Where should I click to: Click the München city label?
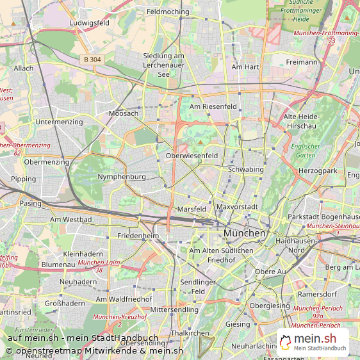pyautogui.click(x=245, y=234)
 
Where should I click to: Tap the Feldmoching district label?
pyautogui.click(x=168, y=12)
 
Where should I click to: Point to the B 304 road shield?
pyautogui.click(x=91, y=59)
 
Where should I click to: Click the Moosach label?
pyautogui.click(x=123, y=113)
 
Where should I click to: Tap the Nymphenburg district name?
pyautogui.click(x=122, y=176)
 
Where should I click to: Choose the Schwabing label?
pyautogui.click(x=245, y=169)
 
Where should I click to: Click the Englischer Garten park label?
pyautogui.click(x=305, y=151)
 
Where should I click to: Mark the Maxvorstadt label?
pyautogui.click(x=236, y=207)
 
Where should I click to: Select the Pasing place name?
pyautogui.click(x=30, y=203)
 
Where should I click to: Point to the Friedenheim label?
pyautogui.click(x=138, y=236)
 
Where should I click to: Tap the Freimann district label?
pyautogui.click(x=302, y=62)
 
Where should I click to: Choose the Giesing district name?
pyautogui.click(x=238, y=324)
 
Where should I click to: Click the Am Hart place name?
pyautogui.click(x=245, y=67)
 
